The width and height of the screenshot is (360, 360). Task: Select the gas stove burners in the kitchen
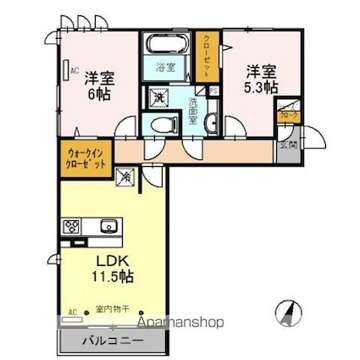(71, 226)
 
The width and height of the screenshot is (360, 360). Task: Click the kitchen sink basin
(108, 226)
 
